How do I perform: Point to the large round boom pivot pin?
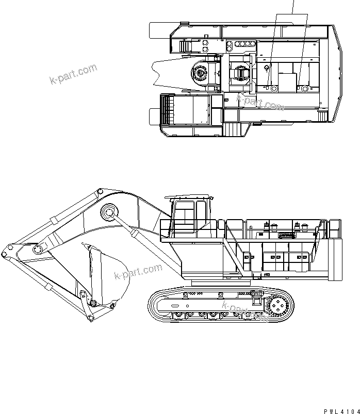tap(109, 212)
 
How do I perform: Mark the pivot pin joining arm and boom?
tap(37, 250)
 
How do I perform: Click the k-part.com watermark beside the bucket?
tap(138, 272)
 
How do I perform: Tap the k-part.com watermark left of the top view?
tap(73, 74)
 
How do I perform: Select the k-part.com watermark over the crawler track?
tap(244, 311)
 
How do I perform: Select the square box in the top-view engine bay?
tap(287, 81)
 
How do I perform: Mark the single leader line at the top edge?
tap(294, 7)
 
